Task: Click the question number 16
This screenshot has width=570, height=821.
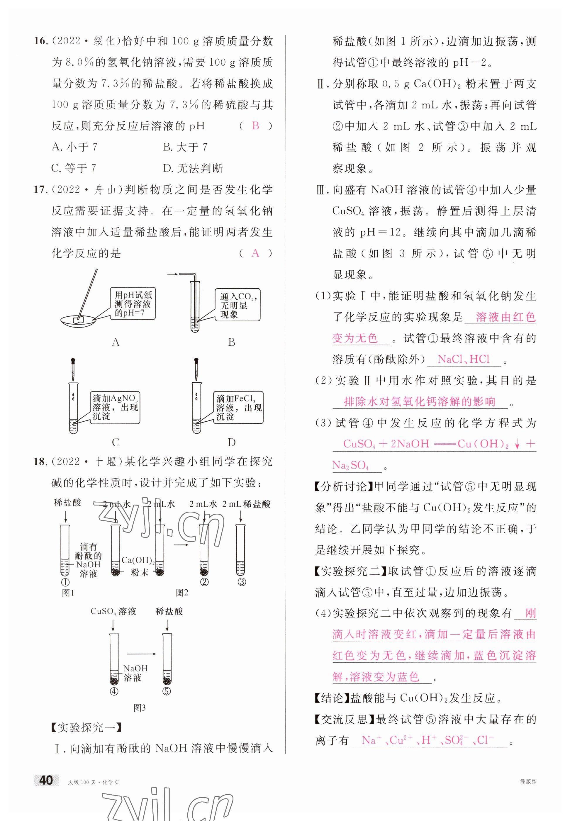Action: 41,41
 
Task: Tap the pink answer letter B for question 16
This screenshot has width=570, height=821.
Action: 255,126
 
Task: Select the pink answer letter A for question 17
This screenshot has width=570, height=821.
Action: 255,253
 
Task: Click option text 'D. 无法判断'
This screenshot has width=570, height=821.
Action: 193,168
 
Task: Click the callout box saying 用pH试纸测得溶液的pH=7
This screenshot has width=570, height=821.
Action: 133,304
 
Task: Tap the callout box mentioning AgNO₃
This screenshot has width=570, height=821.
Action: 115,408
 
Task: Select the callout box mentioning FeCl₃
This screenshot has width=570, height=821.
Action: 239,408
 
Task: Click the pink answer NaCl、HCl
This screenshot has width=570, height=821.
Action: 463,359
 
